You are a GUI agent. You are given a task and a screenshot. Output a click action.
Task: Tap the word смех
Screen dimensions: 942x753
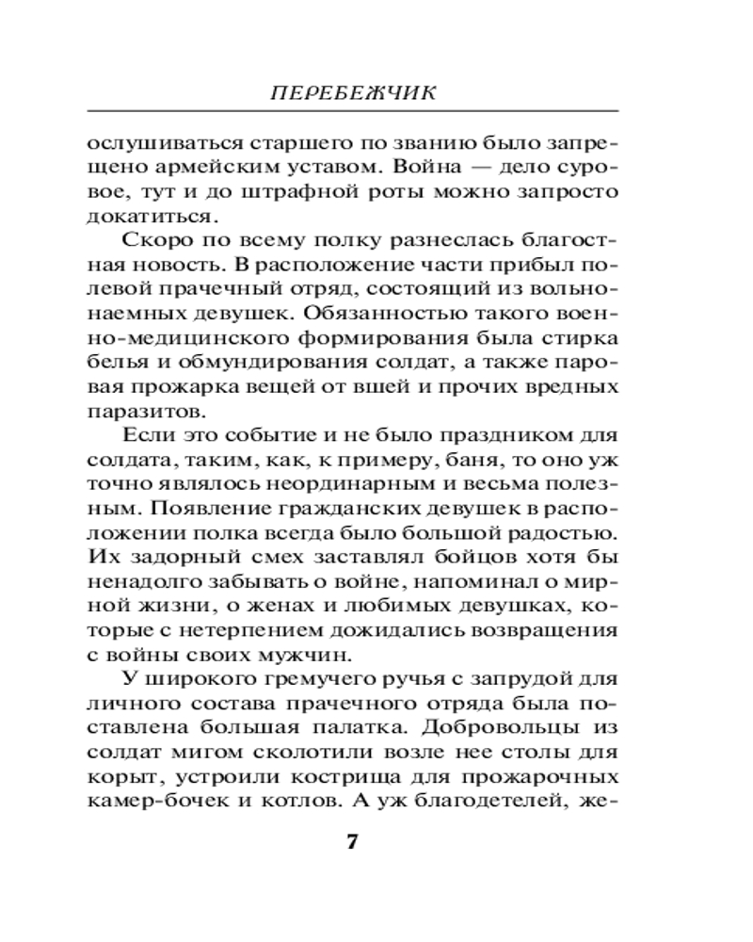pos(273,558)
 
